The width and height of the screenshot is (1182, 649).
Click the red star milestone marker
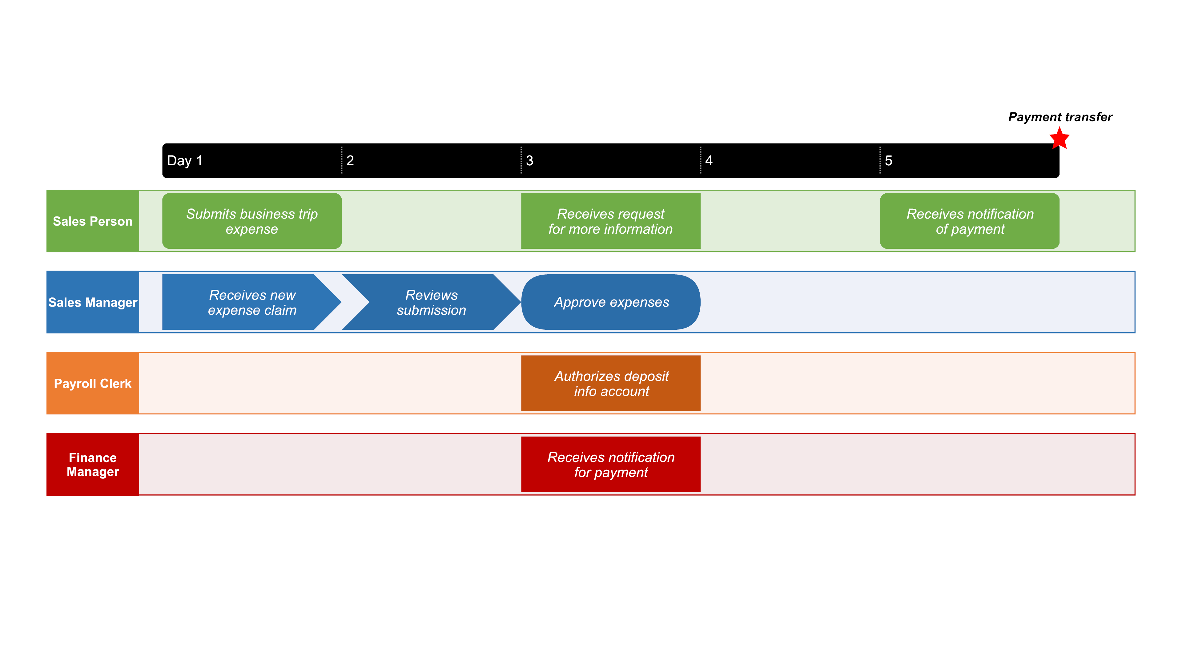(x=1059, y=139)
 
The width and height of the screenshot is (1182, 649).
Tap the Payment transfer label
(x=1060, y=117)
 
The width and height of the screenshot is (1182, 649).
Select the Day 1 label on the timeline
(x=184, y=161)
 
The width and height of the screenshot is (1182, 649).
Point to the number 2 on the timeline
(x=350, y=161)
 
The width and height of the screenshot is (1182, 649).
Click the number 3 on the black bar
(x=529, y=161)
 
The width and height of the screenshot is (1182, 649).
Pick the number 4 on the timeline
(x=709, y=161)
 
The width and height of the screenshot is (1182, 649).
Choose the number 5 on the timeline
(x=888, y=161)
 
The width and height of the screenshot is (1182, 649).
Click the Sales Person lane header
(x=93, y=221)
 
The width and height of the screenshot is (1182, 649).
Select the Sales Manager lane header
(x=93, y=302)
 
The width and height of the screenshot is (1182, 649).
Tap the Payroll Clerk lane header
(x=93, y=383)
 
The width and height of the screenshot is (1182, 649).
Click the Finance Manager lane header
(x=93, y=465)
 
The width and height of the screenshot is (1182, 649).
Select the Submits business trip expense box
(x=252, y=221)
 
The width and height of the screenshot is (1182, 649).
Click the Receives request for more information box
(x=611, y=221)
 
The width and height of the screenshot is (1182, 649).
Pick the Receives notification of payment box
(x=970, y=221)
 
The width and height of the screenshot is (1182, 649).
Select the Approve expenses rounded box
(x=611, y=302)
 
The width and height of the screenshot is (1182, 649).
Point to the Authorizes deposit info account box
(x=611, y=383)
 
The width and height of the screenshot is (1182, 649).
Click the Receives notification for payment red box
(x=611, y=465)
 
